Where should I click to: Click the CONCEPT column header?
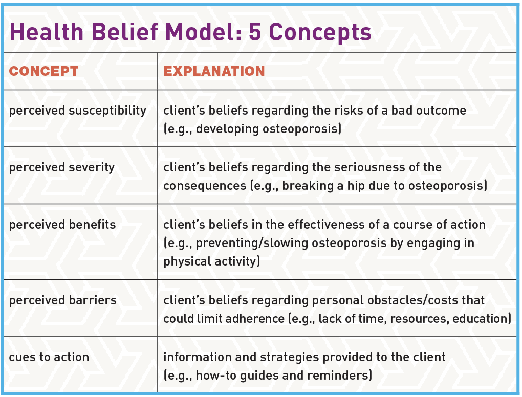pos(44,71)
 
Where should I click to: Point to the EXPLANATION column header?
pos(214,71)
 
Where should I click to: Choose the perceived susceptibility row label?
pos(78,111)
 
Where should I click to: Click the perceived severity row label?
pos(62,167)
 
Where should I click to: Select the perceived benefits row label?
pos(62,225)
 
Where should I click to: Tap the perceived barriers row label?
pos(62,300)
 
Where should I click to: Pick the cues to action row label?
pos(49,357)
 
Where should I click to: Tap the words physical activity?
pos(211,261)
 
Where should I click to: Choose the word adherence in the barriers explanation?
pos(248,319)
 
